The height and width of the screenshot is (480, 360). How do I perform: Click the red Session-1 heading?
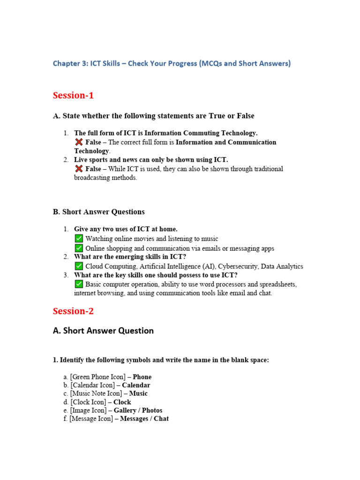tap(73, 96)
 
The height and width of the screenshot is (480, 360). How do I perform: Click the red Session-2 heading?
tap(73, 311)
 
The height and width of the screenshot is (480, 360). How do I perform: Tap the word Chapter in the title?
tap(67, 63)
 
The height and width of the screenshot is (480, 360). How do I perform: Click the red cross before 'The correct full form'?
tap(78, 142)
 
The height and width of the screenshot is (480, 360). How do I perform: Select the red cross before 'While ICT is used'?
tap(78, 169)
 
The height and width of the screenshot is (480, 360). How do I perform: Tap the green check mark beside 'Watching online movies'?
tap(79, 239)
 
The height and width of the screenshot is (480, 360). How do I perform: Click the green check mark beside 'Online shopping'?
tap(79, 248)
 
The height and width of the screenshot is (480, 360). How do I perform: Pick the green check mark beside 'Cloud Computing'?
tap(79, 266)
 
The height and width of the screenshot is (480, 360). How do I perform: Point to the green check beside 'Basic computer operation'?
tap(79, 284)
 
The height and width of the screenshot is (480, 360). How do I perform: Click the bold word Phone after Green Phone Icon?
tap(142, 377)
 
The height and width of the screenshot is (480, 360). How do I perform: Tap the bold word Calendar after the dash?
tap(136, 385)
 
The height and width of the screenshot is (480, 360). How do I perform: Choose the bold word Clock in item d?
tap(122, 402)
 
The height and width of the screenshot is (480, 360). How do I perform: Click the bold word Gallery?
tap(125, 411)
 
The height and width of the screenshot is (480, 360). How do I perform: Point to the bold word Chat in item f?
tap(161, 419)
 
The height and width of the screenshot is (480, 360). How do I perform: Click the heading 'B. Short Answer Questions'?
tap(98, 212)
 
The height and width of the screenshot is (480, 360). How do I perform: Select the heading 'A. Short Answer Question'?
tap(103, 331)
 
